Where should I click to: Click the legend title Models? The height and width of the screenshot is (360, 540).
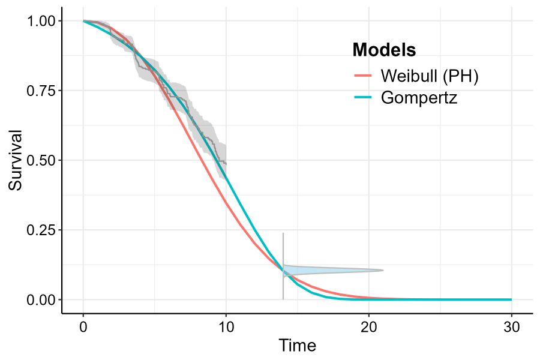(x=384, y=50)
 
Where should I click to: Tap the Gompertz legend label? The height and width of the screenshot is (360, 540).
(x=419, y=97)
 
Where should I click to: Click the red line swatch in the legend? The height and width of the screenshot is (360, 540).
(x=364, y=76)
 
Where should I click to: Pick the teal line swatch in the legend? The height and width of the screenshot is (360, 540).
(x=364, y=97)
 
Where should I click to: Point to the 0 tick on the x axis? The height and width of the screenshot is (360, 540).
(x=83, y=327)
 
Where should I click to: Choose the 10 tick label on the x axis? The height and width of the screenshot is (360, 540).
(x=226, y=327)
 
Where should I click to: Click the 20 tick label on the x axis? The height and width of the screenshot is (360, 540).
(x=369, y=327)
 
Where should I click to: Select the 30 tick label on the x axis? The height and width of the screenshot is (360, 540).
(x=512, y=327)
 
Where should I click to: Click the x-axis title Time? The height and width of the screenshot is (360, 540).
(x=297, y=346)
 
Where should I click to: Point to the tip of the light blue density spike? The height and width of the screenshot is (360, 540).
(x=383, y=270)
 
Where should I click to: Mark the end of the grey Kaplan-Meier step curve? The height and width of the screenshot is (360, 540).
(x=226, y=163)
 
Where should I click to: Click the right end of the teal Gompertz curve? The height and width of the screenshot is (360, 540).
(x=511, y=299)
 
